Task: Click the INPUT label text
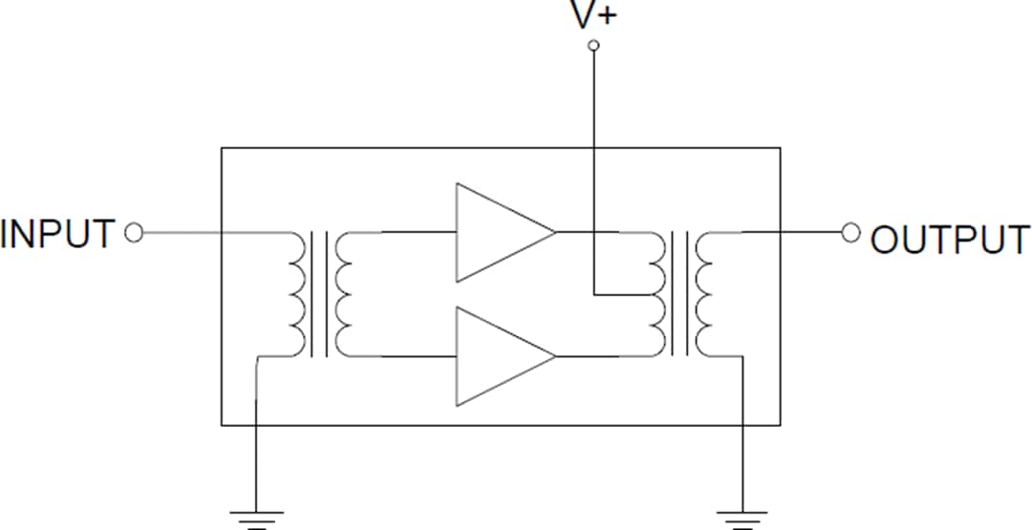click(x=58, y=234)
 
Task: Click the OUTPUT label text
click(x=951, y=240)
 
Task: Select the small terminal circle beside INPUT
click(x=134, y=232)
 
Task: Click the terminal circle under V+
click(x=592, y=45)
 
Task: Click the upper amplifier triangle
click(x=497, y=232)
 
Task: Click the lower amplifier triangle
click(x=497, y=355)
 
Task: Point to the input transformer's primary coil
click(x=297, y=294)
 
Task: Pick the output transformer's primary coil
click(x=657, y=294)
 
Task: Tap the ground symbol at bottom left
click(x=257, y=519)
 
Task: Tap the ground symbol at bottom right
click(x=742, y=519)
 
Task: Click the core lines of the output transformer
click(x=680, y=294)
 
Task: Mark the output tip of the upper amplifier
click(x=554, y=232)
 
